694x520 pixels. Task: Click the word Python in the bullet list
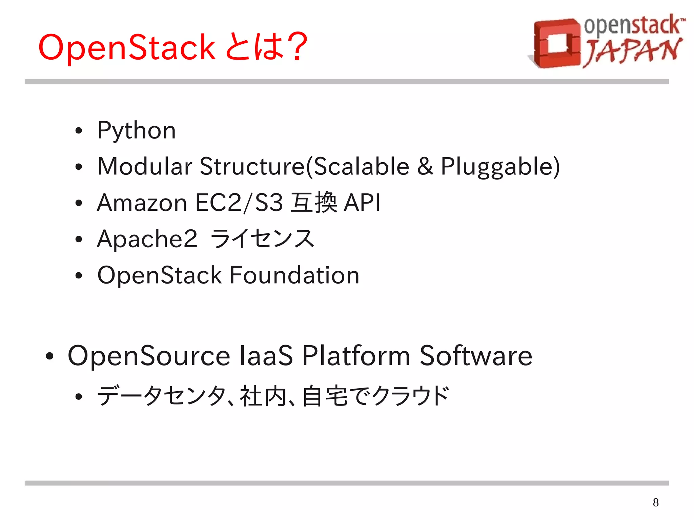136,131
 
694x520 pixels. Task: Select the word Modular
145,166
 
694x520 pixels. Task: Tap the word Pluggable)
500,166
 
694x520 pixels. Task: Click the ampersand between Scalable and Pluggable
425,166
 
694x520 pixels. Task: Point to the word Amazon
142,203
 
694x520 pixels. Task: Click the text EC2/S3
239,203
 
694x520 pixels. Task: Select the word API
362,203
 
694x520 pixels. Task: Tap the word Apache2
147,239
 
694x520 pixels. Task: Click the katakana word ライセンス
262,239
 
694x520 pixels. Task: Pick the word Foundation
294,275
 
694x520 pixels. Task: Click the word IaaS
266,356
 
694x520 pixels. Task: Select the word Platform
356,356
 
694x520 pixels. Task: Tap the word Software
476,356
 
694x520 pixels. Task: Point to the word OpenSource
149,356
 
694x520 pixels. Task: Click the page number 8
656,502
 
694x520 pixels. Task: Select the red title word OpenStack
127,47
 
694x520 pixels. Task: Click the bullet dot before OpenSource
49,356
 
